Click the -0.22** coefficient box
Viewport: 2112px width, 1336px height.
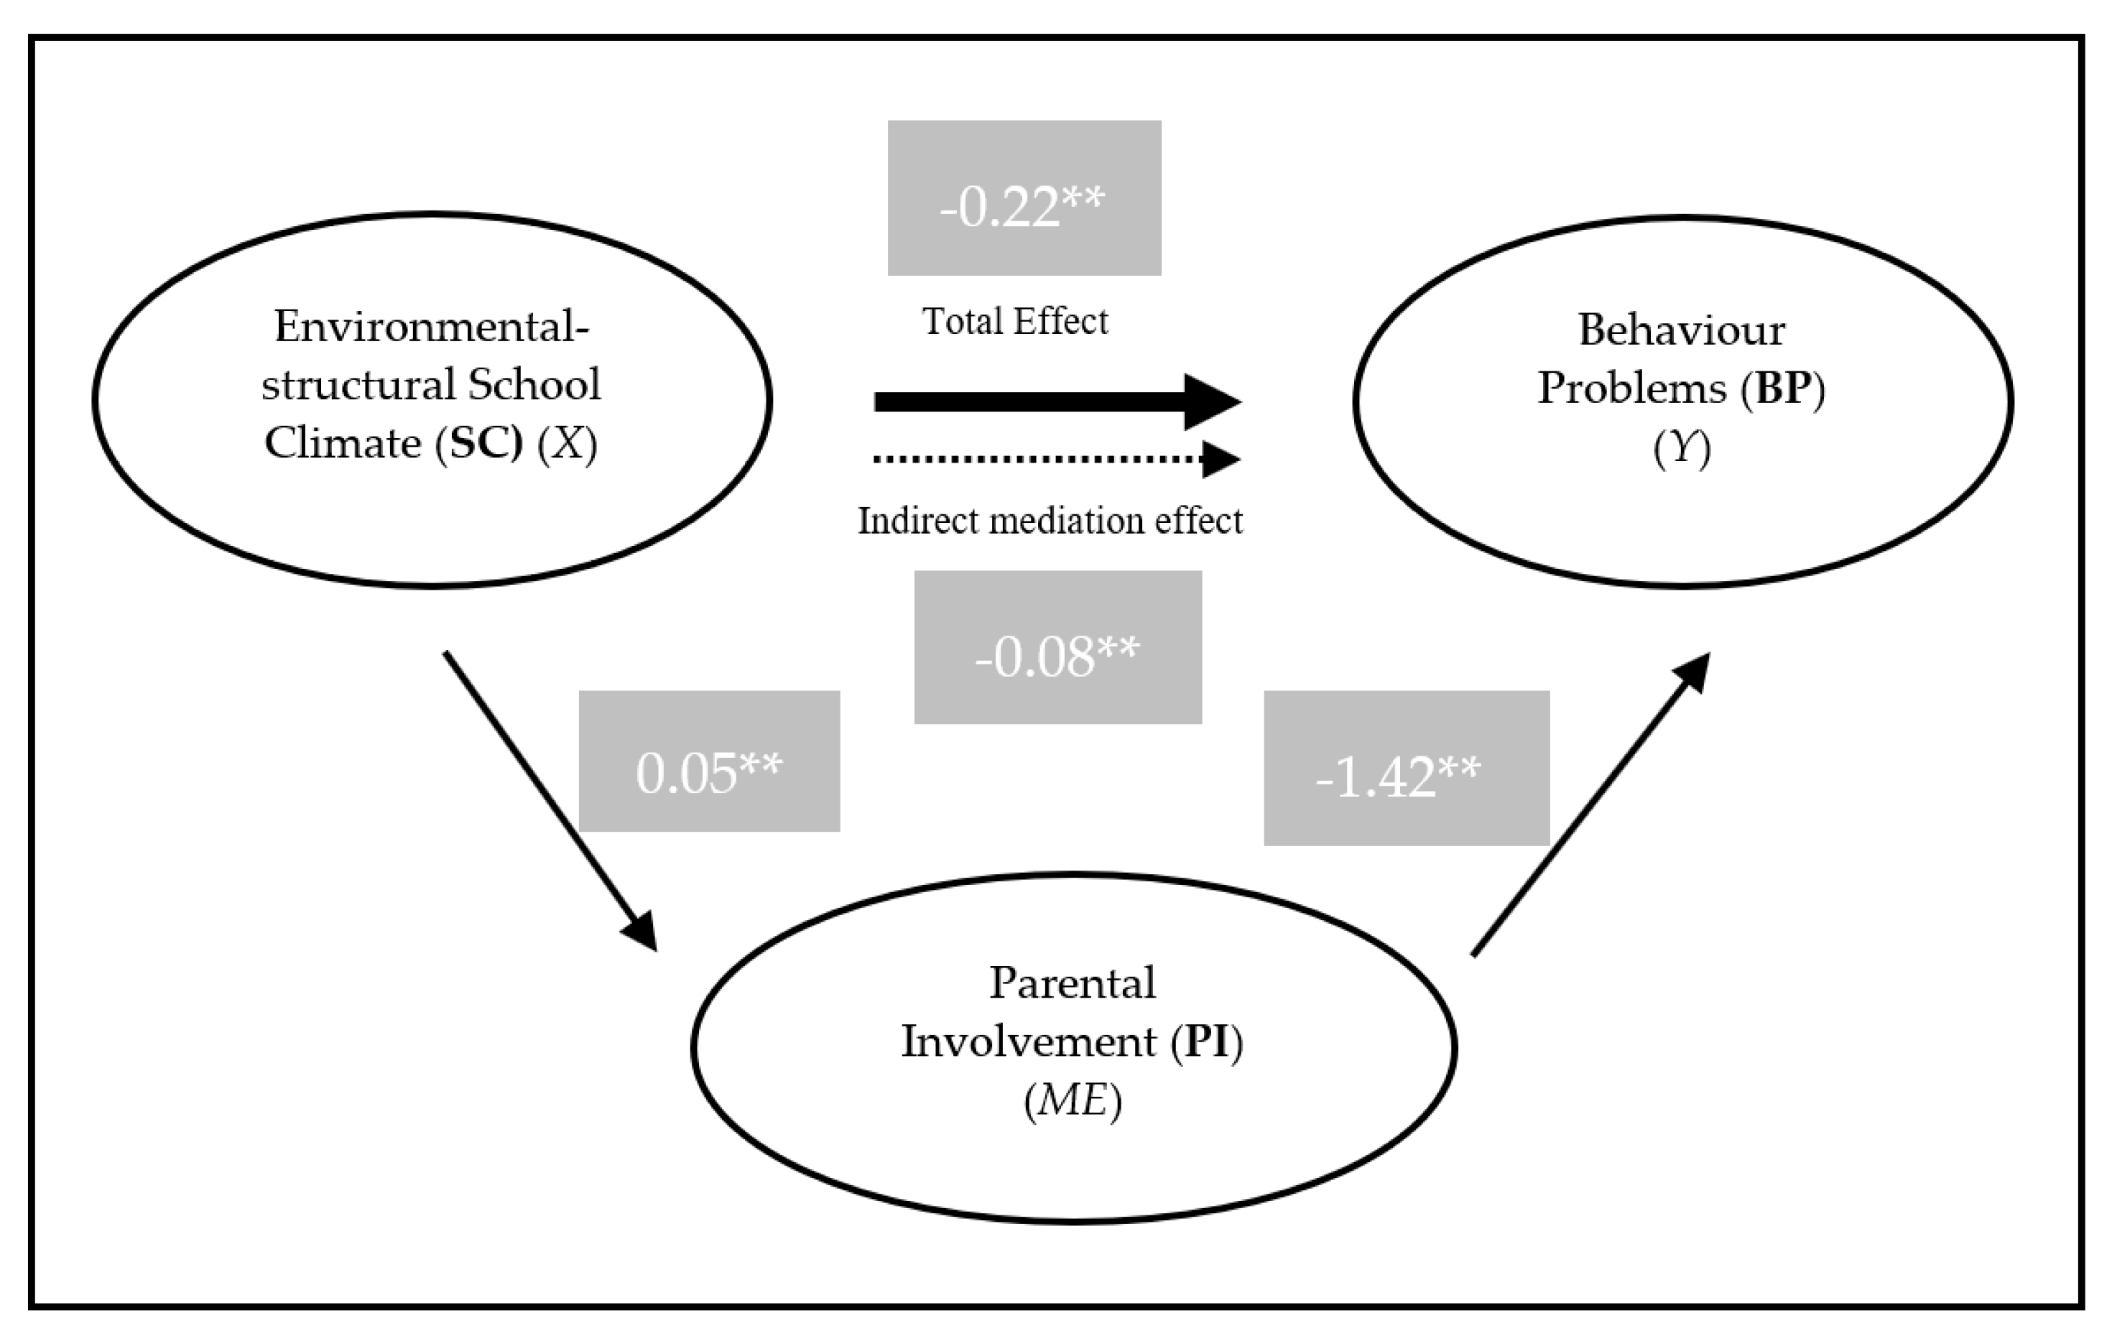click(1024, 198)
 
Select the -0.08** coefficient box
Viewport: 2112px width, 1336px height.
click(1057, 647)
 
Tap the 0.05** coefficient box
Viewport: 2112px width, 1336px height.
click(709, 761)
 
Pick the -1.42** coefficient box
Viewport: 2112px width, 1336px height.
click(1406, 769)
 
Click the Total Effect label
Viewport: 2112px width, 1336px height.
click(1015, 321)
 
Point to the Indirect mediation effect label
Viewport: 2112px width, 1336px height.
click(1049, 521)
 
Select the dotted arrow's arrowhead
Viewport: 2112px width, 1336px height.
click(1221, 460)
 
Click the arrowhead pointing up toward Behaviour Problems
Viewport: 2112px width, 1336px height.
click(1695, 671)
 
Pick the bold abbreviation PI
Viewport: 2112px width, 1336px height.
click(1208, 1042)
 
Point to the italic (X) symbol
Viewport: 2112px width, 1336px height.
click(568, 443)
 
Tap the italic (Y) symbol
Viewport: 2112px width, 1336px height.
click(1682, 449)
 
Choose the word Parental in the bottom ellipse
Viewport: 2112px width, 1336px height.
click(1072, 983)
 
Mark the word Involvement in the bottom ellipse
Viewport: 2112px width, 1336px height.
click(1029, 1042)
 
